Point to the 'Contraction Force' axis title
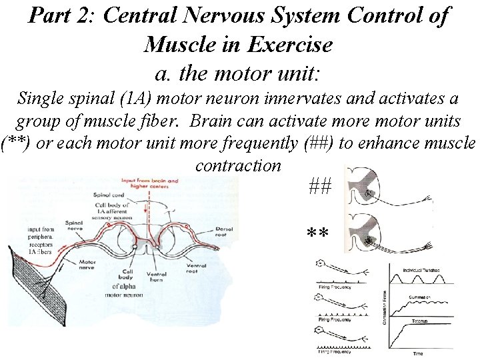click(x=384, y=307)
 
